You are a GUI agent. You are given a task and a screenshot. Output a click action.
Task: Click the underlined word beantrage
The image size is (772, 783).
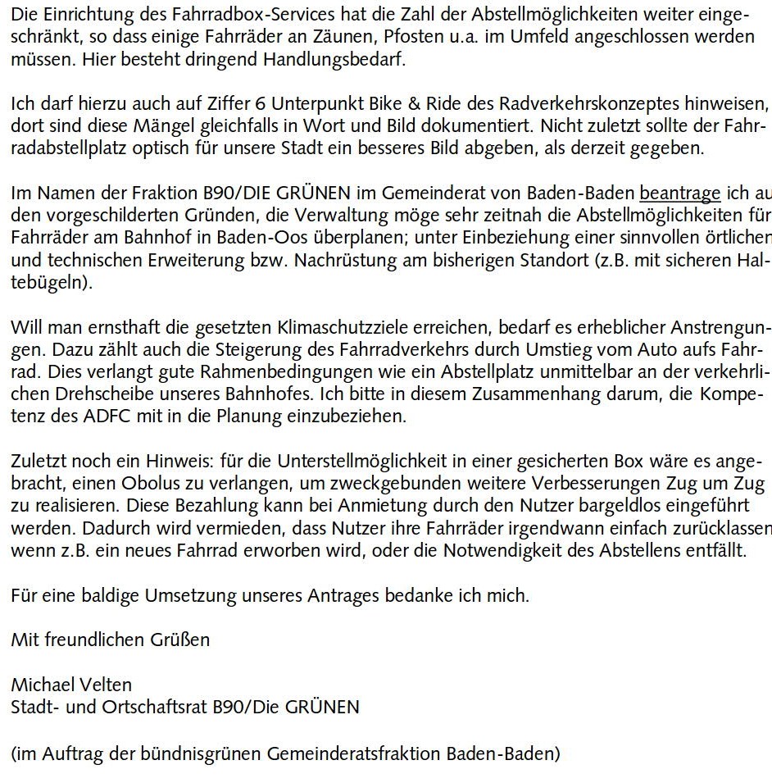coord(680,194)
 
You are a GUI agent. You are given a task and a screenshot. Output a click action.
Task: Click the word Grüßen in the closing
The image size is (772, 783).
coord(183,640)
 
